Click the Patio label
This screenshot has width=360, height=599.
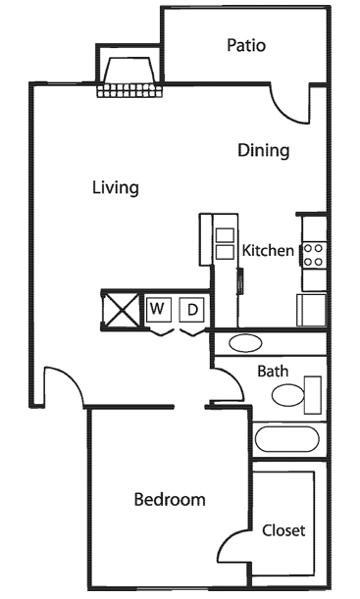[246, 45]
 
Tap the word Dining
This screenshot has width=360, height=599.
[264, 151]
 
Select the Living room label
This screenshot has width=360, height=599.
[115, 187]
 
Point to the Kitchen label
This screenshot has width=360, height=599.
[268, 251]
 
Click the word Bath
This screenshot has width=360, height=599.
[272, 372]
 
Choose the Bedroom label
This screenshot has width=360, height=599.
[170, 500]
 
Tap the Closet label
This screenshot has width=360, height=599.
[283, 530]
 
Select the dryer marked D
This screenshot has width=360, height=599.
[193, 310]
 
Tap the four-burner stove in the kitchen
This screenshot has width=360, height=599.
[314, 256]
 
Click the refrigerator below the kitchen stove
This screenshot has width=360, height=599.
[312, 309]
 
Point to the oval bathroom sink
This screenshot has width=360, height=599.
[244, 344]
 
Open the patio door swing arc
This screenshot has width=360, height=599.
[290, 102]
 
